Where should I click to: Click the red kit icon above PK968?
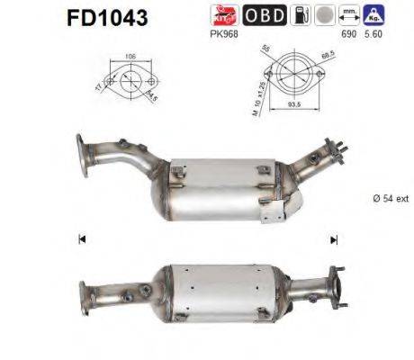[223, 13]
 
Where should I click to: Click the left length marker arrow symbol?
[82, 239]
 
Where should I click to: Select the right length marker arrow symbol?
[334, 239]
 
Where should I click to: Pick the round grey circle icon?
[322, 13]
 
